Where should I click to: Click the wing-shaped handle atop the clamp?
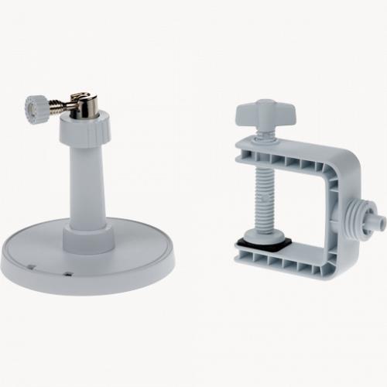(265, 111)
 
